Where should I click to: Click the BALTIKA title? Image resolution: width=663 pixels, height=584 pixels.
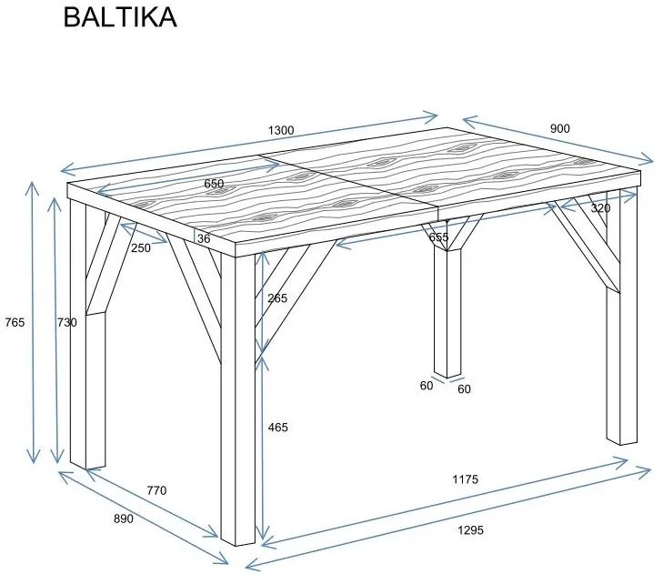coord(119,18)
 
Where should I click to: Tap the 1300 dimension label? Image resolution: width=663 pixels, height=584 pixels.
coord(281,131)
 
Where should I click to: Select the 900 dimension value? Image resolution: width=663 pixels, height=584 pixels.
coord(560,129)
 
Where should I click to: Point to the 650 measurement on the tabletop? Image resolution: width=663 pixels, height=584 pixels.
coord(214,184)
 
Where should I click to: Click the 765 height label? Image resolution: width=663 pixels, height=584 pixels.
coord(14,322)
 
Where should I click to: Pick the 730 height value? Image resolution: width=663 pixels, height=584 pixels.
coord(66,322)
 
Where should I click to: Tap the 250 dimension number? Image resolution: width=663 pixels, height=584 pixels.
coord(140,247)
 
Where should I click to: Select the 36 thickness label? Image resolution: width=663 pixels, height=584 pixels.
coord(203,239)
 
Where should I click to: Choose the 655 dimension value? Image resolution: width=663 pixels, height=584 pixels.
coord(439,237)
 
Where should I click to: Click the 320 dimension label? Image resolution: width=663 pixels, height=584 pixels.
coord(600,208)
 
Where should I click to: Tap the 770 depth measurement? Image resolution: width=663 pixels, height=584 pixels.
coord(156,490)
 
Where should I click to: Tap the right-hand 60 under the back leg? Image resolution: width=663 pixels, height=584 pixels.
coord(464,389)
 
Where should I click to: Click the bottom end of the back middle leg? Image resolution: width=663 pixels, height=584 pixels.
coord(447,373)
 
